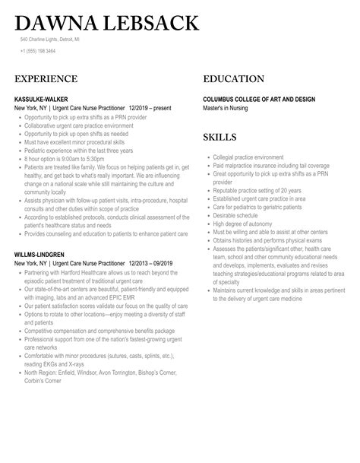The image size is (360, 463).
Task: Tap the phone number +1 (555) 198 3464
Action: click(39, 51)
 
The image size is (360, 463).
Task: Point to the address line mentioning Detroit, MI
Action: click(49, 40)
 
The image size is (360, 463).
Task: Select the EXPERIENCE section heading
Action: click(46, 78)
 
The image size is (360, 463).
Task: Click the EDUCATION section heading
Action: click(234, 78)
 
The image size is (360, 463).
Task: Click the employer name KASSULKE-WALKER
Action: click(44, 98)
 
